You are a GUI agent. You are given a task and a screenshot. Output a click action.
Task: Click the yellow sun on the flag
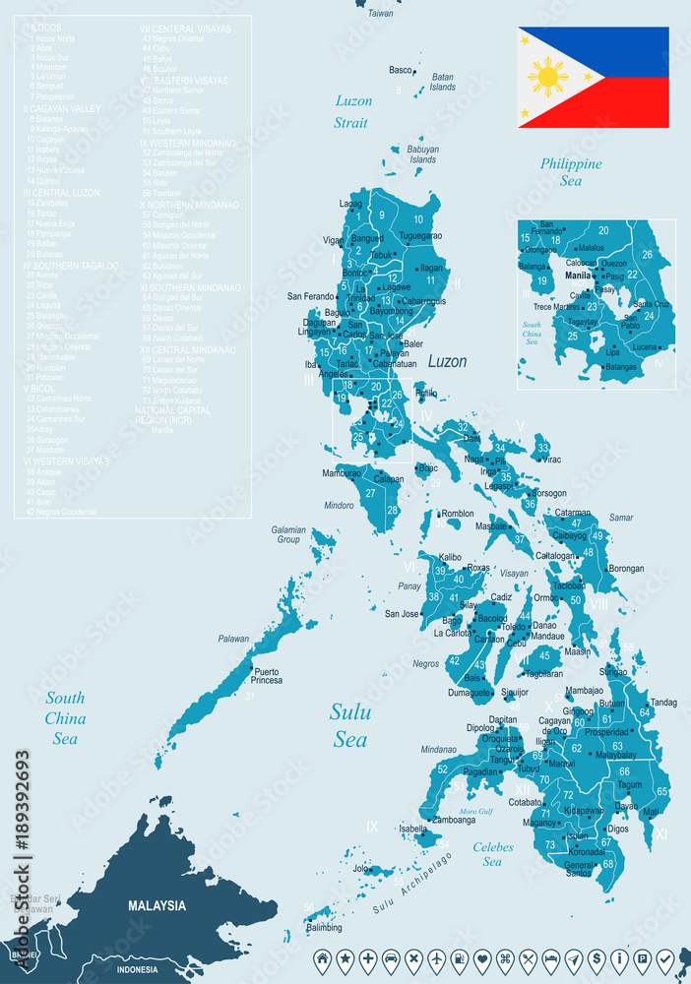(547, 77)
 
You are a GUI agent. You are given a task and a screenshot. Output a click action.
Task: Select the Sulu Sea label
(349, 725)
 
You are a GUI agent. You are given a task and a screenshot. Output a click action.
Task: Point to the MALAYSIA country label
(157, 905)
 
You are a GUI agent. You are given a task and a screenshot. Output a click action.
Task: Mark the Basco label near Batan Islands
(401, 70)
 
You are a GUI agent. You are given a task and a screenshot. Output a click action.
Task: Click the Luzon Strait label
(351, 111)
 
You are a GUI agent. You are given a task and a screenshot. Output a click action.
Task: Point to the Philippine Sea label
(570, 172)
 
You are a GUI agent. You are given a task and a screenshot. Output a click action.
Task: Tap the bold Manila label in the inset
(579, 277)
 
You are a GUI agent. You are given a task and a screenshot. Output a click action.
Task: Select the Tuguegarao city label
(420, 236)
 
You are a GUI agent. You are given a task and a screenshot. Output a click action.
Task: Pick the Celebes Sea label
(492, 853)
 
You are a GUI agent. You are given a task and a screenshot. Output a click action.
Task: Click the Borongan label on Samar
(626, 568)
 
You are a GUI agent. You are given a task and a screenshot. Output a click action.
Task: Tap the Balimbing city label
(324, 928)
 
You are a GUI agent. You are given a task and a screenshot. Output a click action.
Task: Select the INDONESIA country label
(137, 969)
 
